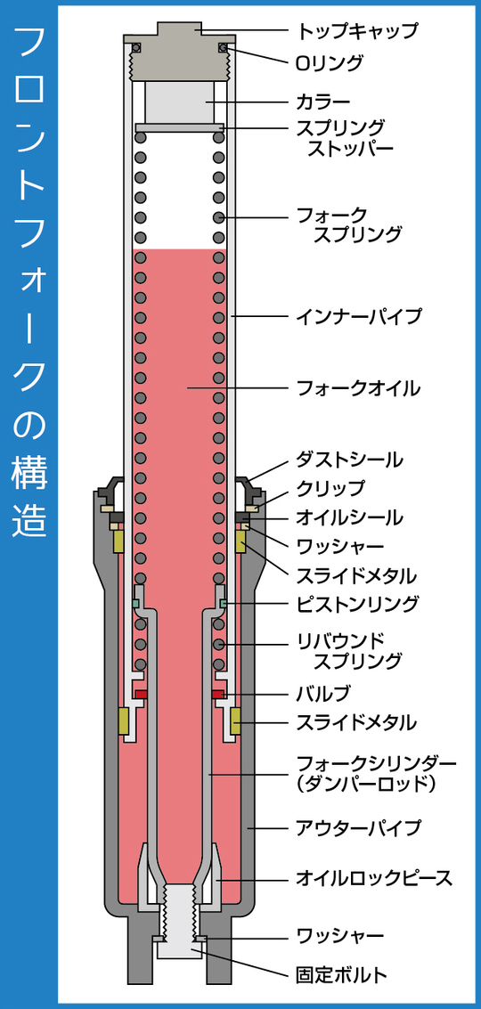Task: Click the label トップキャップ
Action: pos(357,29)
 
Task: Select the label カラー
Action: pos(323,101)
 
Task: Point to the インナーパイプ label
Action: pos(359,316)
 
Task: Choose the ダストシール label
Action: pos(349,460)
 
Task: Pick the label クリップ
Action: pos(330,488)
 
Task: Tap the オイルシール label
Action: pos(349,517)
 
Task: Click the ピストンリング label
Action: pos(357,604)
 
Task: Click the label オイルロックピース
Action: pos(374,878)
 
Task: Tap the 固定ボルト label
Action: pos(341,975)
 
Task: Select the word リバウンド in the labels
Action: pos(340,641)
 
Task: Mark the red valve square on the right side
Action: pos(218,695)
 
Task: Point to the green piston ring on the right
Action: pos(222,603)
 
